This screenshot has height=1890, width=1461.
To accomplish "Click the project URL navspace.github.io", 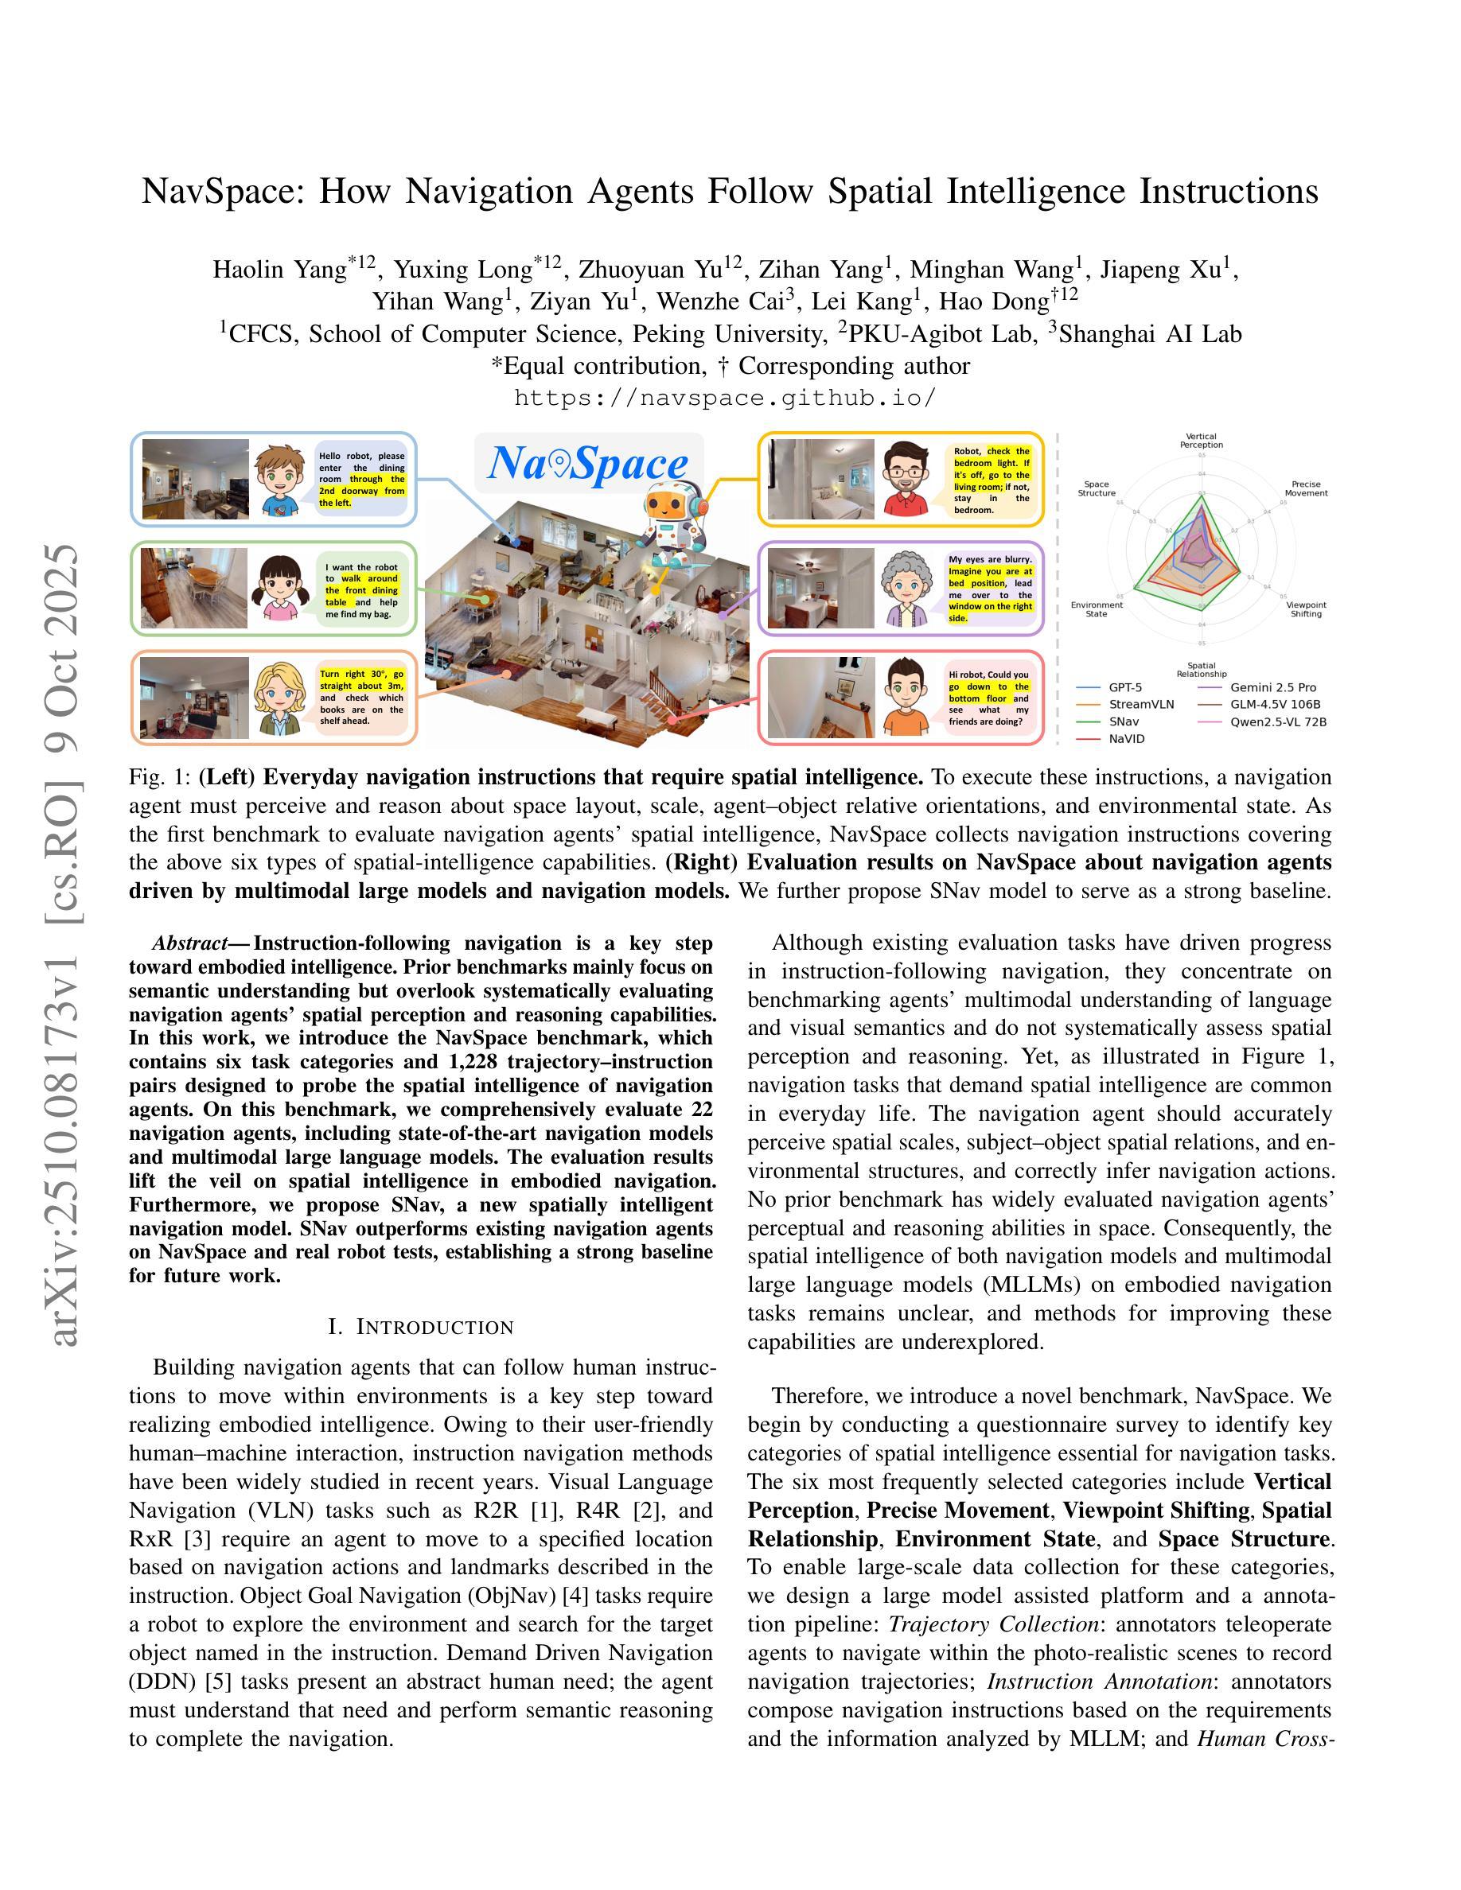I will pyautogui.click(x=725, y=398).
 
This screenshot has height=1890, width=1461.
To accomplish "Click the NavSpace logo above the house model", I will pyautogui.click(x=589, y=464).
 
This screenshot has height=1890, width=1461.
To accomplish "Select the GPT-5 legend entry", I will pyautogui.click(x=1125, y=687).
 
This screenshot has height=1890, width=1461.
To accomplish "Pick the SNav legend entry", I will pyautogui.click(x=1124, y=721).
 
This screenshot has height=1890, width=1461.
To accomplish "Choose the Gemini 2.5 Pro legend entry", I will pyautogui.click(x=1272, y=687).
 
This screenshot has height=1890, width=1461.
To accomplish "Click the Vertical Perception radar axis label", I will pyautogui.click(x=1201, y=441).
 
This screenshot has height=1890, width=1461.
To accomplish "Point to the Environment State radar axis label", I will pyautogui.click(x=1096, y=609).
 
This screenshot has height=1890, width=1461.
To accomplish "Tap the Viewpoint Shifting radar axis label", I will pyautogui.click(x=1305, y=609).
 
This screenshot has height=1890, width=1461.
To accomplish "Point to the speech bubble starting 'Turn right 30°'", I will pyautogui.click(x=362, y=698).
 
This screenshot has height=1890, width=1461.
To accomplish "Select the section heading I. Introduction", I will pyautogui.click(x=422, y=1327).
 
